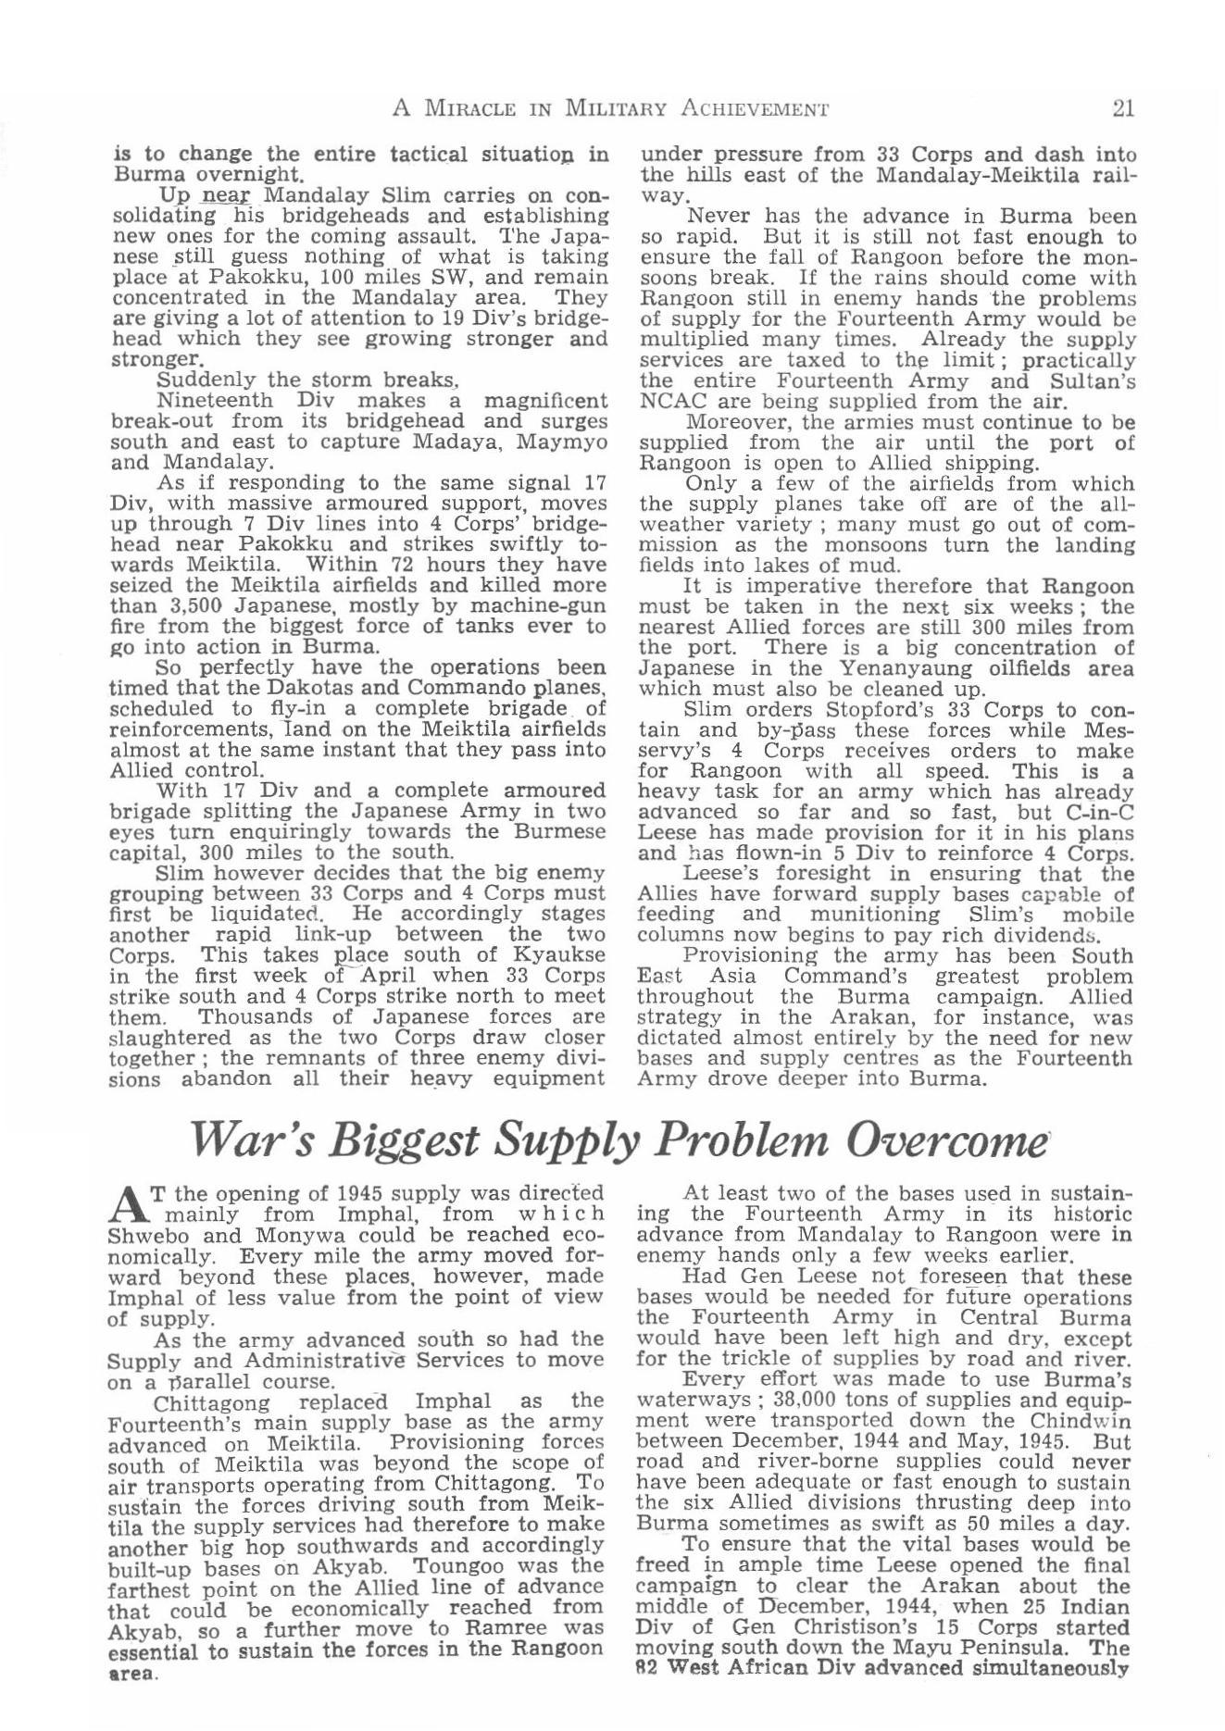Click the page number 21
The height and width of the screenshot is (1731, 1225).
1123,108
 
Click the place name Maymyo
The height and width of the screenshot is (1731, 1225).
563,442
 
